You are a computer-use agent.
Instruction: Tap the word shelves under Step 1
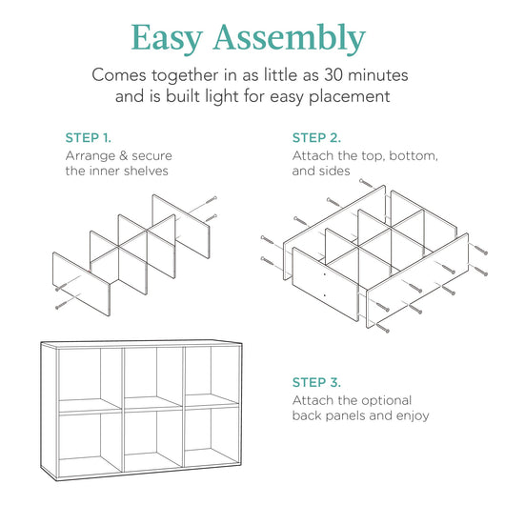point(148,171)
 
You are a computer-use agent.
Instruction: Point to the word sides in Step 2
point(334,171)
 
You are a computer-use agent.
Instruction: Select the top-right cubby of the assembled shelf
point(212,374)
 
